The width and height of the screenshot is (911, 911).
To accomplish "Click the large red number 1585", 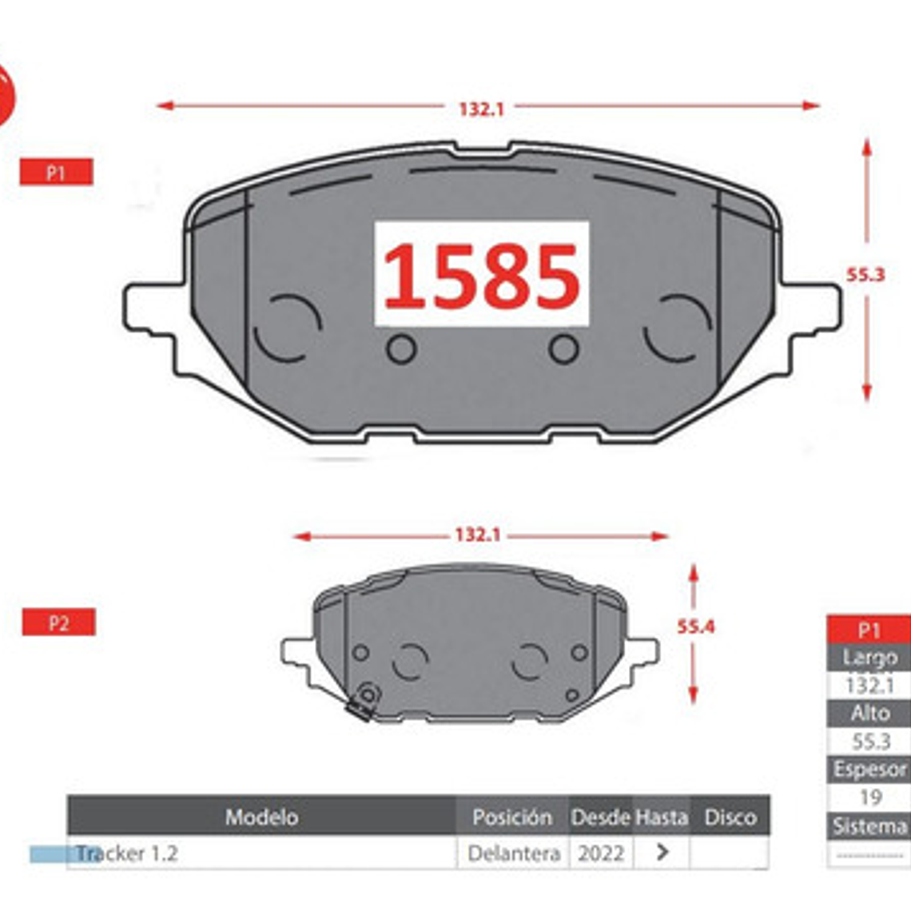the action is click(482, 276).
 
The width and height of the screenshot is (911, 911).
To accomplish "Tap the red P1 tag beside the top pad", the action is click(57, 172).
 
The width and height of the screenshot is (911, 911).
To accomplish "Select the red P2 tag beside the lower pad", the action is click(58, 623).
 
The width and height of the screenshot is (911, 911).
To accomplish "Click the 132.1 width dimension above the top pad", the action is click(482, 109).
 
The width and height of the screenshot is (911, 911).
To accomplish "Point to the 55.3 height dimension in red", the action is click(865, 275).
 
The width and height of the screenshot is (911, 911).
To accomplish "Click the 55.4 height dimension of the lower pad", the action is click(696, 627).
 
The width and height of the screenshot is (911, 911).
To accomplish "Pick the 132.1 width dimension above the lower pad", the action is click(478, 535).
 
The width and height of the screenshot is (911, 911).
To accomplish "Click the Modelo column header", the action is click(262, 817).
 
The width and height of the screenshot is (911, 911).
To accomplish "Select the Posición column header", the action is click(512, 817).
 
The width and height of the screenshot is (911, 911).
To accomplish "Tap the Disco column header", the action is click(730, 817).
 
